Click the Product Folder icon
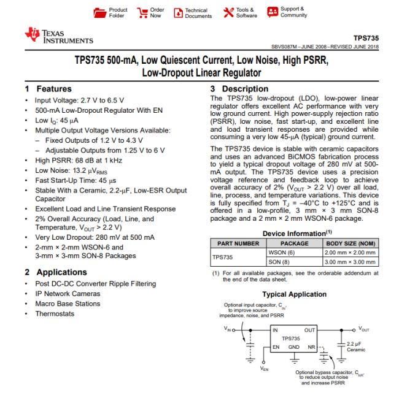(98, 12)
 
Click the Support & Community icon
(271, 12)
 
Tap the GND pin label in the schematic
(293, 347)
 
